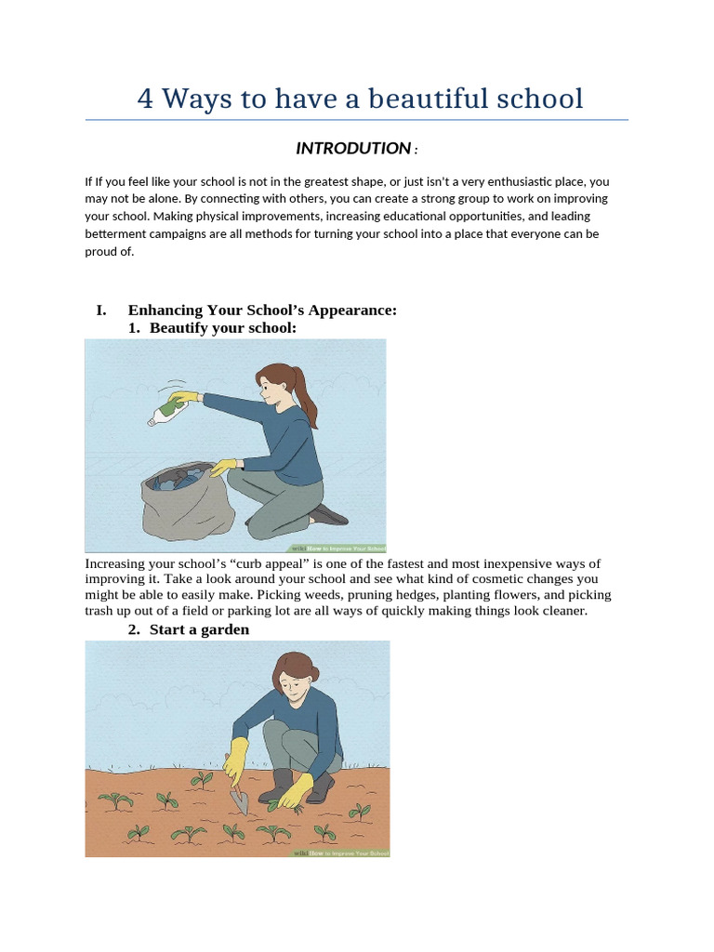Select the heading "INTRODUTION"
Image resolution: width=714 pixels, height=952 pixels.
coord(353,149)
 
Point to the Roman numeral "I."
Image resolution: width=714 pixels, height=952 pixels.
coord(102,311)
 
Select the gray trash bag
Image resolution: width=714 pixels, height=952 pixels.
coord(186,502)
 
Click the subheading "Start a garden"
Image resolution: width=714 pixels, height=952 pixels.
coord(199,629)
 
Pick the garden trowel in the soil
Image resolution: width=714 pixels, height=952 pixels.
coord(239,800)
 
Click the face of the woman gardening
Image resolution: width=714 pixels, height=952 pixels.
coord(292,683)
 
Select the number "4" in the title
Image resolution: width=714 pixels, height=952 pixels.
coord(145,99)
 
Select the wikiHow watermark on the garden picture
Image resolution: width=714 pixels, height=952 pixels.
coord(341,852)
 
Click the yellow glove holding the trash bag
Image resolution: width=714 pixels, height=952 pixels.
coord(223,468)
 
